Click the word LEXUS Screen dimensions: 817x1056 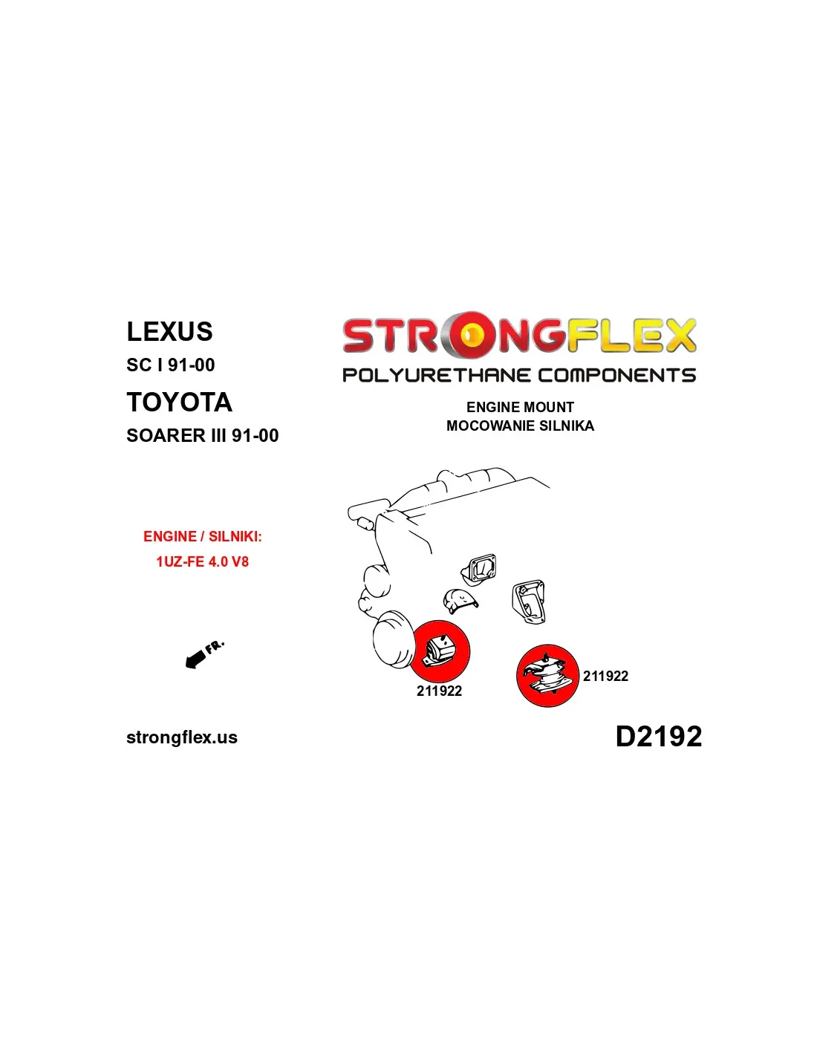(169, 331)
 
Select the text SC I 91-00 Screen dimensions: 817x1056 (170, 365)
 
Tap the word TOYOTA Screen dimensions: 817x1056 (179, 402)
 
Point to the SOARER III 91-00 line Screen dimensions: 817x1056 (202, 435)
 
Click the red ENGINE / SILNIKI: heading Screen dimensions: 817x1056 (202, 536)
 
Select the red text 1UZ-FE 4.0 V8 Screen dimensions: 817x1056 (202, 561)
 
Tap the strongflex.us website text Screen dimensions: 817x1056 (182, 737)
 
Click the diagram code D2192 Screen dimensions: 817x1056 (659, 736)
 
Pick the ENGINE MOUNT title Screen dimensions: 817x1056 (520, 407)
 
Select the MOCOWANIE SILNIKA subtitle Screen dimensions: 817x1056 (520, 426)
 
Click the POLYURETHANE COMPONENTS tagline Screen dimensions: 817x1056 (519, 375)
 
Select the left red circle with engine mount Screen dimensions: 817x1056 (440, 651)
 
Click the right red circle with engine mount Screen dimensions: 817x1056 (547, 676)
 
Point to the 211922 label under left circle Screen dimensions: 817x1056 (439, 691)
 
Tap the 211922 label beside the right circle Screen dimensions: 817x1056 (605, 676)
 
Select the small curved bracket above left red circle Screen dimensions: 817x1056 (460, 601)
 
